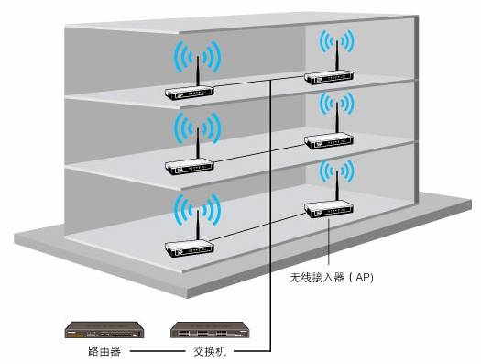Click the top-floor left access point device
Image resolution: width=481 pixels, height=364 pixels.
(190, 91)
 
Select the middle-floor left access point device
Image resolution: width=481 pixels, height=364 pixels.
(189, 167)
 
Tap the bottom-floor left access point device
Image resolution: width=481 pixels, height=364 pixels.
(190, 246)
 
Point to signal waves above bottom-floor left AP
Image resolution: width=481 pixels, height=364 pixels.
(196, 208)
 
